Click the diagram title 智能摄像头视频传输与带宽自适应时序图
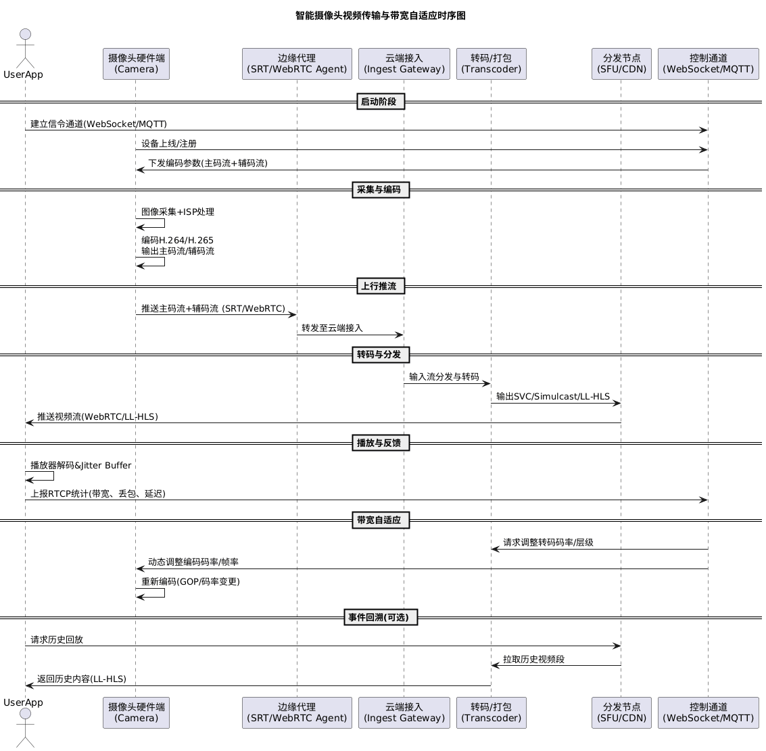381,16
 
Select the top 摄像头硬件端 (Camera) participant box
136,64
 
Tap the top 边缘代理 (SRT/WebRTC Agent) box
297,64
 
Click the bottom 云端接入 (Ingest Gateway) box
404,712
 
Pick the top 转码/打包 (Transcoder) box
491,64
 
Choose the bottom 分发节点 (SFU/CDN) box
621,712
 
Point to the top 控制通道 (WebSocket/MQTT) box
708,64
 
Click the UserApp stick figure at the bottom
25,727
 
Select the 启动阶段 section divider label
381,102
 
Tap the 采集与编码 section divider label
381,190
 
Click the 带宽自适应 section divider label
381,520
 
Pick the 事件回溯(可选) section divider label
381,617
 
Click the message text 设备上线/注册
169,144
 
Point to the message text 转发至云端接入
332,329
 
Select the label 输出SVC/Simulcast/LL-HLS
552,397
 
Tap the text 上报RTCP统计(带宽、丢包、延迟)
98,494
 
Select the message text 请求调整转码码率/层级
548,543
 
